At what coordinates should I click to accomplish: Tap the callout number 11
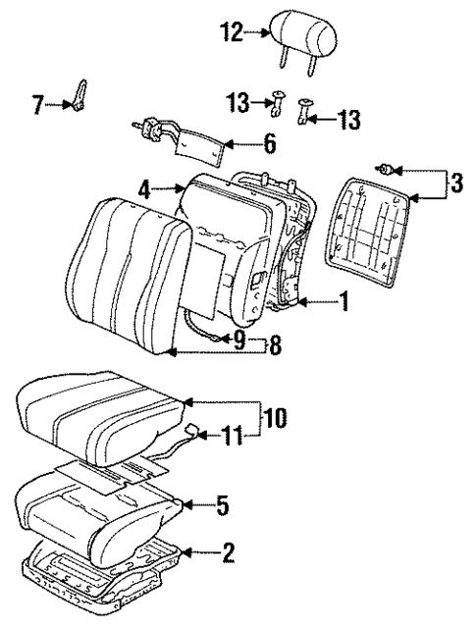[229, 434]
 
